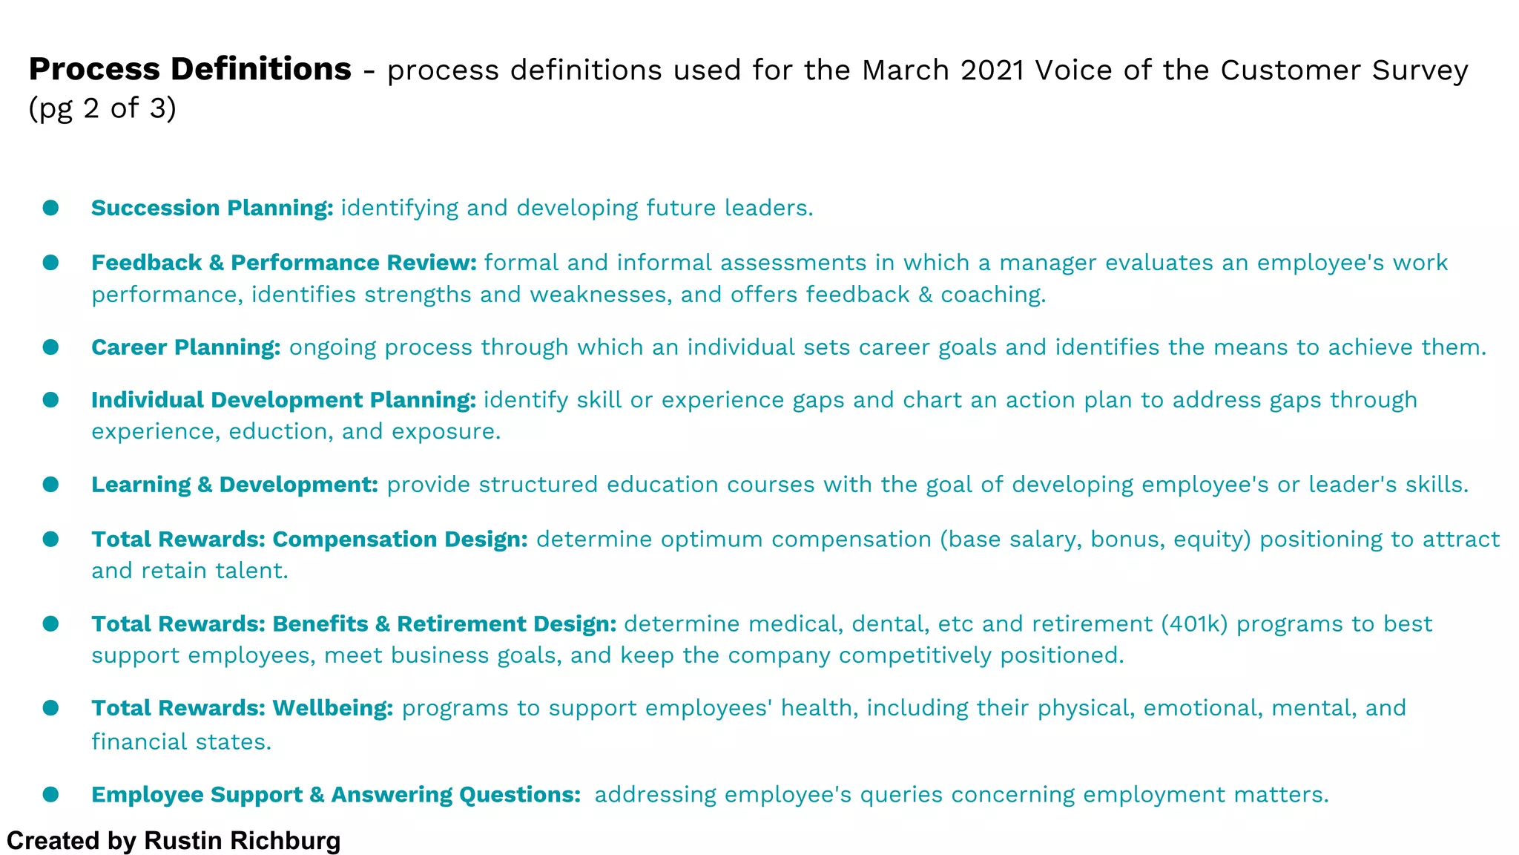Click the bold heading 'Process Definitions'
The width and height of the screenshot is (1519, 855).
tap(190, 69)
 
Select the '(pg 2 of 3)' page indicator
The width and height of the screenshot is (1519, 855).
tap(102, 108)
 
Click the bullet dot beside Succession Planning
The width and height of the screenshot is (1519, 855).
tap(50, 208)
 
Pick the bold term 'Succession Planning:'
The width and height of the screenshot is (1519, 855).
tap(212, 208)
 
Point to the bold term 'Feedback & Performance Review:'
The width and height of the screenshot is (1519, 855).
tap(283, 263)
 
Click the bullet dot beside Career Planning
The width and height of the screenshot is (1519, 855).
tap(50, 347)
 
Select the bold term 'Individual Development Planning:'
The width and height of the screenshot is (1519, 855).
tap(283, 400)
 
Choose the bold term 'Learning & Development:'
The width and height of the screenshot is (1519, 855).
tap(234, 485)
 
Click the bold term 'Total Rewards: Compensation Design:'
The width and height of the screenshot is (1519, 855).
tap(309, 540)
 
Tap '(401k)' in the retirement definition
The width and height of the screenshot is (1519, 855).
tap(1194, 624)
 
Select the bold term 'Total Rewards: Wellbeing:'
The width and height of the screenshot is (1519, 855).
tap(242, 708)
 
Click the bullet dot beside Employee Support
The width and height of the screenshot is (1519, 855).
tap(50, 795)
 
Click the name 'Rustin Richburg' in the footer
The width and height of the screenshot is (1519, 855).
tap(242, 841)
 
